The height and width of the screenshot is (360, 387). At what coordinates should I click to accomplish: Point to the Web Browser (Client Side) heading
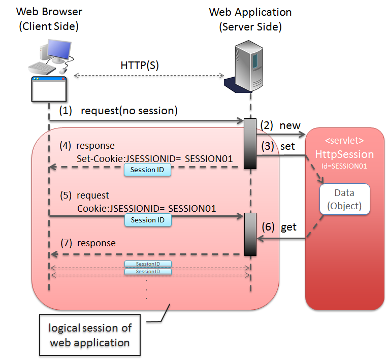[49, 19]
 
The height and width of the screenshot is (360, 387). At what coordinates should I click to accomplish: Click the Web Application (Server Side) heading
[250, 19]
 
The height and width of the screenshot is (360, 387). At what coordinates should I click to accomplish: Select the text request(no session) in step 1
[128, 110]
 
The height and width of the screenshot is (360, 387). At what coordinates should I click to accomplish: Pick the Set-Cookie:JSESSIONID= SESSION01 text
[155, 158]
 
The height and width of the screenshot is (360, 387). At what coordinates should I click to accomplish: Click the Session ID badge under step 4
[147, 170]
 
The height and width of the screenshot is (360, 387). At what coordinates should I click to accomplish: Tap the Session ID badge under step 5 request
[147, 220]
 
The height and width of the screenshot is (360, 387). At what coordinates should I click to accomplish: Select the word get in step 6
[289, 227]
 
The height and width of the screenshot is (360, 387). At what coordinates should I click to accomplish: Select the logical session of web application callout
[89, 335]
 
